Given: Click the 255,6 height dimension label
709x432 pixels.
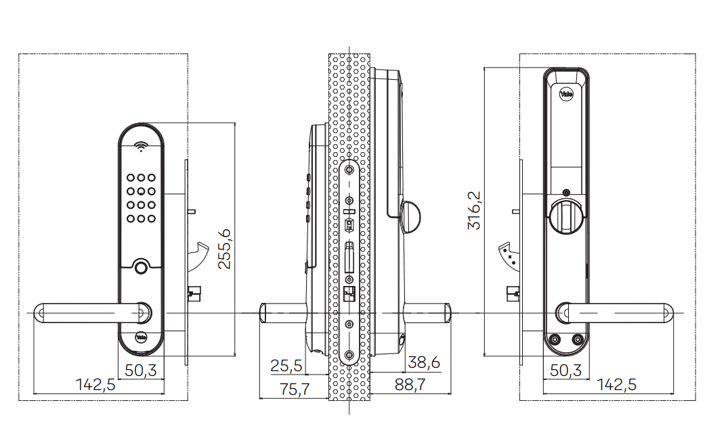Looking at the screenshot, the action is point(225,249).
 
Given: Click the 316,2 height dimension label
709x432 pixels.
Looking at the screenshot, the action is point(474,210).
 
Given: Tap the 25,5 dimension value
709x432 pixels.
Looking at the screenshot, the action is point(286,366).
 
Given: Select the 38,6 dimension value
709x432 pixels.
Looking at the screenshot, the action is point(424,362).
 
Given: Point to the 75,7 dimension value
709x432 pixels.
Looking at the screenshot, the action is point(295,389).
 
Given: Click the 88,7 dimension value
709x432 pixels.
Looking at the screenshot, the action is point(410,385).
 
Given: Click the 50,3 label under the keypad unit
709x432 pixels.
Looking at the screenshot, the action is point(141,370).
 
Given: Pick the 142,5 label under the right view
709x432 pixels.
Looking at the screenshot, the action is point(616,385).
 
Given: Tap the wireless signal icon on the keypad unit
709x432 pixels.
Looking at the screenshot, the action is point(141,146).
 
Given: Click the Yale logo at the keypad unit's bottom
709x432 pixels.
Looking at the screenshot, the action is point(141,337).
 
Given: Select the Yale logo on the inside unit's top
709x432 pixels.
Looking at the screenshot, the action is point(566,94).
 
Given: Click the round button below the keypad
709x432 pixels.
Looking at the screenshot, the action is point(141,267).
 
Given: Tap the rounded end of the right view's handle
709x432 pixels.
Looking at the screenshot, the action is point(668,313).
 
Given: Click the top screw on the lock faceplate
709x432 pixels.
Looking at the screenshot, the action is point(349,170).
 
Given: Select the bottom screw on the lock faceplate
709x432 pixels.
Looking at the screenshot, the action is point(349,355).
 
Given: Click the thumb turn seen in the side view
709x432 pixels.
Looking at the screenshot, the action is point(410,217).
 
